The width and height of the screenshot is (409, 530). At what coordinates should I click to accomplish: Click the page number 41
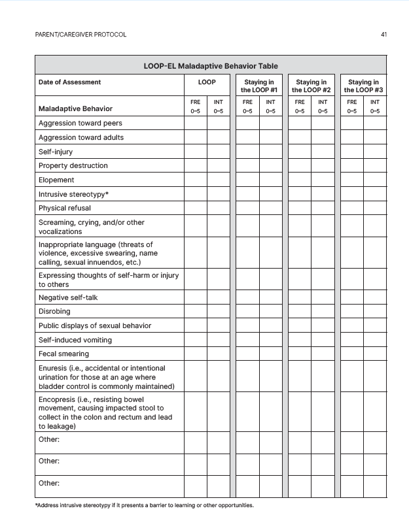(x=383, y=34)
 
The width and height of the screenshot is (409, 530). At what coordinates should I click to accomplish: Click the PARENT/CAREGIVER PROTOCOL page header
(x=80, y=34)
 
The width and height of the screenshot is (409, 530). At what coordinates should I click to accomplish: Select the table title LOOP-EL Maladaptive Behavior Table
(x=210, y=66)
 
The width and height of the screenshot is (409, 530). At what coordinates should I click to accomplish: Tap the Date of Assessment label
(x=70, y=82)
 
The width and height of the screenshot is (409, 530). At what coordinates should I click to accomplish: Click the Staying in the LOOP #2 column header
(x=311, y=86)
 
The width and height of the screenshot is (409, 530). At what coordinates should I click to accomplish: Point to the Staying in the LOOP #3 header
(x=363, y=86)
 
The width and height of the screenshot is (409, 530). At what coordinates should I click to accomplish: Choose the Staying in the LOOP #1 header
(x=258, y=86)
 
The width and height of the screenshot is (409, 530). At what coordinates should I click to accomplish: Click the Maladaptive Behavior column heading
(x=75, y=108)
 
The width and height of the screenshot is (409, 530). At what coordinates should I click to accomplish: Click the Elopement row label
(x=56, y=180)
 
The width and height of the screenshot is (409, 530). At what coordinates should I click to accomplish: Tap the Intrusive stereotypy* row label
(x=73, y=194)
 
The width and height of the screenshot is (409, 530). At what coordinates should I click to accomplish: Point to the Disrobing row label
(x=54, y=312)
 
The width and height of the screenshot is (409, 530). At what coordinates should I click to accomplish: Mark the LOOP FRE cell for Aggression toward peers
(x=195, y=123)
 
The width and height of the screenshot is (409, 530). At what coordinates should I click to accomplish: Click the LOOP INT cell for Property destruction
(x=218, y=165)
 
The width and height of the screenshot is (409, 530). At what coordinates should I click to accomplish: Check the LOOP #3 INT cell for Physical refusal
(x=374, y=208)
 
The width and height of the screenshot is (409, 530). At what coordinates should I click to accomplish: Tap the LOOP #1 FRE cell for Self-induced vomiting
(x=247, y=340)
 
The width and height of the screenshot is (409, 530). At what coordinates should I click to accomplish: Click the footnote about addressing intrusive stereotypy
(x=144, y=506)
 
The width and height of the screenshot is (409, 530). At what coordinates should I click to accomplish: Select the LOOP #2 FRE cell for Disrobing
(x=299, y=312)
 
